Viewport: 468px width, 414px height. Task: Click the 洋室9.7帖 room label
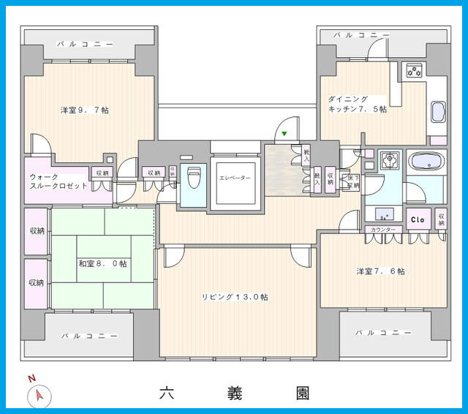click(85, 110)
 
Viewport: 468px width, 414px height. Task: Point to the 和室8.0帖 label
click(102, 263)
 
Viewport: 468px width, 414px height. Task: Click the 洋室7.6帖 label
click(381, 271)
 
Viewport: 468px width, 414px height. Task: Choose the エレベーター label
click(235, 178)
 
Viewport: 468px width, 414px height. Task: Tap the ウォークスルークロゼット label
click(58, 181)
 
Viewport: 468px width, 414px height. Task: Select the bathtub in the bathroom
click(424, 162)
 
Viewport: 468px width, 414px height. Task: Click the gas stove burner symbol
click(415, 71)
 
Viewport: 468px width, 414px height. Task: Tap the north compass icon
click(39, 394)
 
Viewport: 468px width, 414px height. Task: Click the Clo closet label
click(418, 219)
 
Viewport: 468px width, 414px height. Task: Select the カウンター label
click(383, 230)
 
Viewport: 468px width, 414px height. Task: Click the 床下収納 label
click(353, 181)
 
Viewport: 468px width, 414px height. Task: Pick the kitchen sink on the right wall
click(437, 113)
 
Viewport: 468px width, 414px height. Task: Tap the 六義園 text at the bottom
click(234, 394)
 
